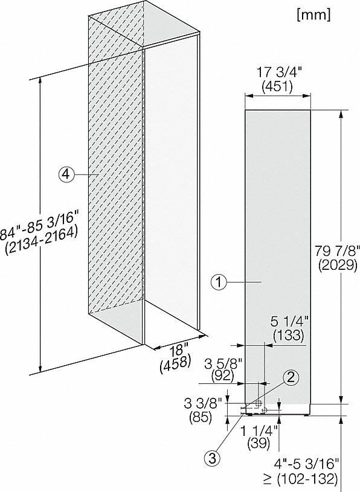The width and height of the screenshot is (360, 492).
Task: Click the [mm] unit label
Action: (313, 14)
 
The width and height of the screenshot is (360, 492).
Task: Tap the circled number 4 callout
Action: (66, 174)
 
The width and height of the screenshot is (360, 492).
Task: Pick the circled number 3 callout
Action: (212, 458)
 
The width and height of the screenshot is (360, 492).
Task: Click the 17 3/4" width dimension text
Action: (279, 72)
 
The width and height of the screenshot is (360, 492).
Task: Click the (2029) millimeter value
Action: (338, 265)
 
